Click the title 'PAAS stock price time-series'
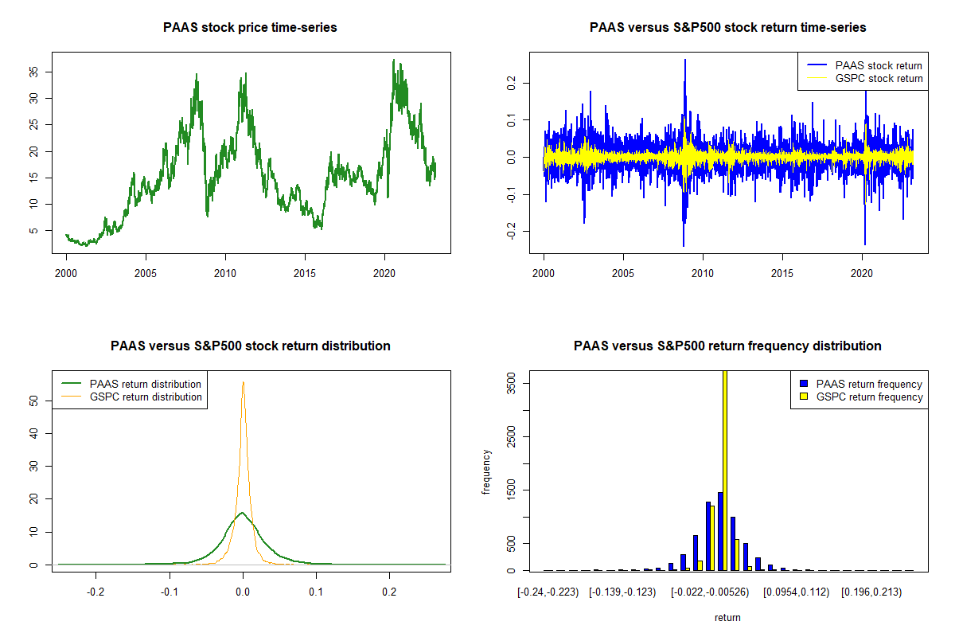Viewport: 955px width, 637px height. [x=250, y=28]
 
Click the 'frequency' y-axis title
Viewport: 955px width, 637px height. [x=486, y=471]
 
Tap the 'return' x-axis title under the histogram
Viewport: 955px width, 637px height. [x=727, y=617]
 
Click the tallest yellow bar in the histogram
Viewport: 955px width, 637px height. [x=724, y=470]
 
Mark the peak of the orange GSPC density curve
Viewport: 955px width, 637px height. [x=243, y=382]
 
